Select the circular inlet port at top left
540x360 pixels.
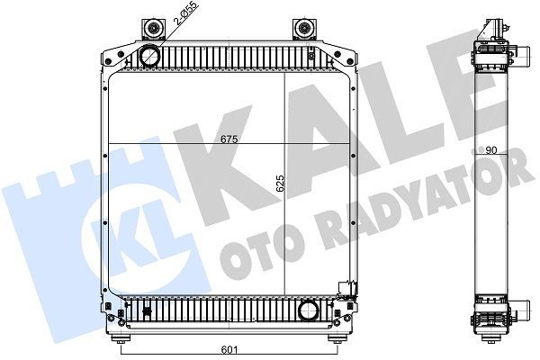[x=148, y=56]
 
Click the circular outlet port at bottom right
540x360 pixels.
[x=309, y=313]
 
